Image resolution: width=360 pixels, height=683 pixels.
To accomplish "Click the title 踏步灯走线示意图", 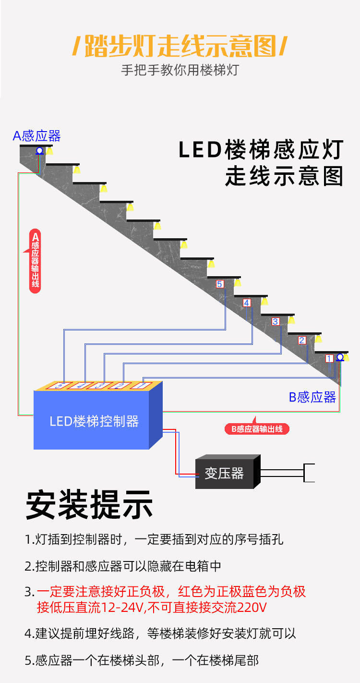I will tap(180, 47).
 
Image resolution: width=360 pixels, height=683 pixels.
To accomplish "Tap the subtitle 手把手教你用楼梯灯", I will tap(180, 70).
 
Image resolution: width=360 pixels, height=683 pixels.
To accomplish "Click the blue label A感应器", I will tap(37, 136).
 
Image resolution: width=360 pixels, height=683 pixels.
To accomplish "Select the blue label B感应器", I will tap(312, 397).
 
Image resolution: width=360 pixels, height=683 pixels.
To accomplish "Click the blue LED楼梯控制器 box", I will tap(94, 421).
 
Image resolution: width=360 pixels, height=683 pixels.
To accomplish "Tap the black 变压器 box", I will tap(224, 473).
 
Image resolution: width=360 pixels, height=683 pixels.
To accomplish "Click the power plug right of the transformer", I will tap(309, 473).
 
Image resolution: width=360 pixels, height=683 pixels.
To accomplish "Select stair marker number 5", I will tap(220, 284).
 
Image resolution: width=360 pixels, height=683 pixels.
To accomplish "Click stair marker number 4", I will tap(247, 303).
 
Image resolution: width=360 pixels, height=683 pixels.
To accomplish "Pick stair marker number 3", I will tap(275, 321).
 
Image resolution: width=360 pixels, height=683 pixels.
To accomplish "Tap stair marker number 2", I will tap(302, 340).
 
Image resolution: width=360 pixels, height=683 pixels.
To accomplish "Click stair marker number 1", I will tap(329, 358).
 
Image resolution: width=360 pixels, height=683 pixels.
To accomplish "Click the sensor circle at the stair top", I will tap(40, 151).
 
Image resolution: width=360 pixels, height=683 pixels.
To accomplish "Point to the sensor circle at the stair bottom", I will tap(340, 357).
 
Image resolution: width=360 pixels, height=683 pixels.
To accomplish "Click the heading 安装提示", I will tap(89, 505).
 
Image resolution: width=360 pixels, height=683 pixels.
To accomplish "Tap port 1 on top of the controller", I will tap(141, 385).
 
